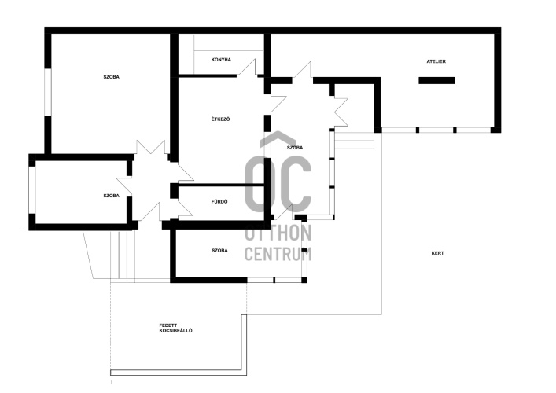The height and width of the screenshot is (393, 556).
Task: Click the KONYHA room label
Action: click(221, 60)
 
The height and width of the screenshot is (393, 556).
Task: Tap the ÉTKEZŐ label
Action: click(220, 119)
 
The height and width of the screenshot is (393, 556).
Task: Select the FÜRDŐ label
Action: click(219, 202)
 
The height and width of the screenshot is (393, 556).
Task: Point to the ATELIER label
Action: click(436, 61)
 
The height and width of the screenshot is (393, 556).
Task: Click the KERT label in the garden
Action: click(437, 253)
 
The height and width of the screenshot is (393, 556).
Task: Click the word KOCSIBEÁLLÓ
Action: click(175, 331)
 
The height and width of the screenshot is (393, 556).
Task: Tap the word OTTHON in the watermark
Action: click(278, 233)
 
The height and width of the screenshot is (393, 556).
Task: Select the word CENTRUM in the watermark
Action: click(278, 253)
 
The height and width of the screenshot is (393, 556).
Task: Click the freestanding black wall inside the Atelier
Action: click(436, 80)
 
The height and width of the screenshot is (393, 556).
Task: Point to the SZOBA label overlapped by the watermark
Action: click(295, 148)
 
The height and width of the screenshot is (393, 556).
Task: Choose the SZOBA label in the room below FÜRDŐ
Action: click(219, 251)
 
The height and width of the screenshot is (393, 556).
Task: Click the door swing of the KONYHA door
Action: click(247, 68)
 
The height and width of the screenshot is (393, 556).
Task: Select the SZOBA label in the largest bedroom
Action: click(112, 77)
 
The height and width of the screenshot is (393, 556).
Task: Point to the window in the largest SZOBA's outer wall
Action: click(48, 92)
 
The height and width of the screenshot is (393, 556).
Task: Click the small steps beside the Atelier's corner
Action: click(355, 141)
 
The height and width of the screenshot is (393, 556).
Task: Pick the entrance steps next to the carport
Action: click(123, 255)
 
